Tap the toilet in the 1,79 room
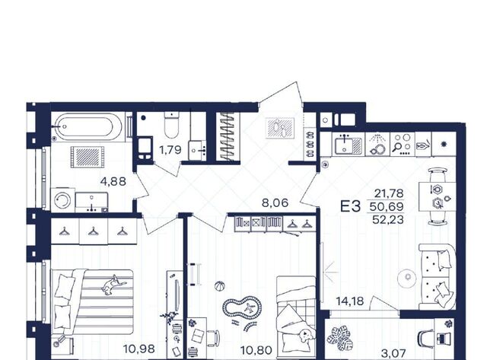pos(172,125)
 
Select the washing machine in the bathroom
pos(62,200)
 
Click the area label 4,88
pos(113,181)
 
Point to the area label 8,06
pos(275,203)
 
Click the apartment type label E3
pos(350,206)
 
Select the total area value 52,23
pos(388,220)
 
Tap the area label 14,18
pos(350,301)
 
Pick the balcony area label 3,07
pos(393,353)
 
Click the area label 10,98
pos(138,349)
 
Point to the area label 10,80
pos(256,350)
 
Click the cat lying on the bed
pos(113,285)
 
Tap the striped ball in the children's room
pos(220,286)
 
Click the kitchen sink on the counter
pos(348,145)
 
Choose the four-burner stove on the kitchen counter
pos(402,144)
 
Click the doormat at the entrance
pos(280,128)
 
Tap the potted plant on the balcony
pos(340,338)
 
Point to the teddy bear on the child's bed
pos(306,336)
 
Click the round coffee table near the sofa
pos(408,278)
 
